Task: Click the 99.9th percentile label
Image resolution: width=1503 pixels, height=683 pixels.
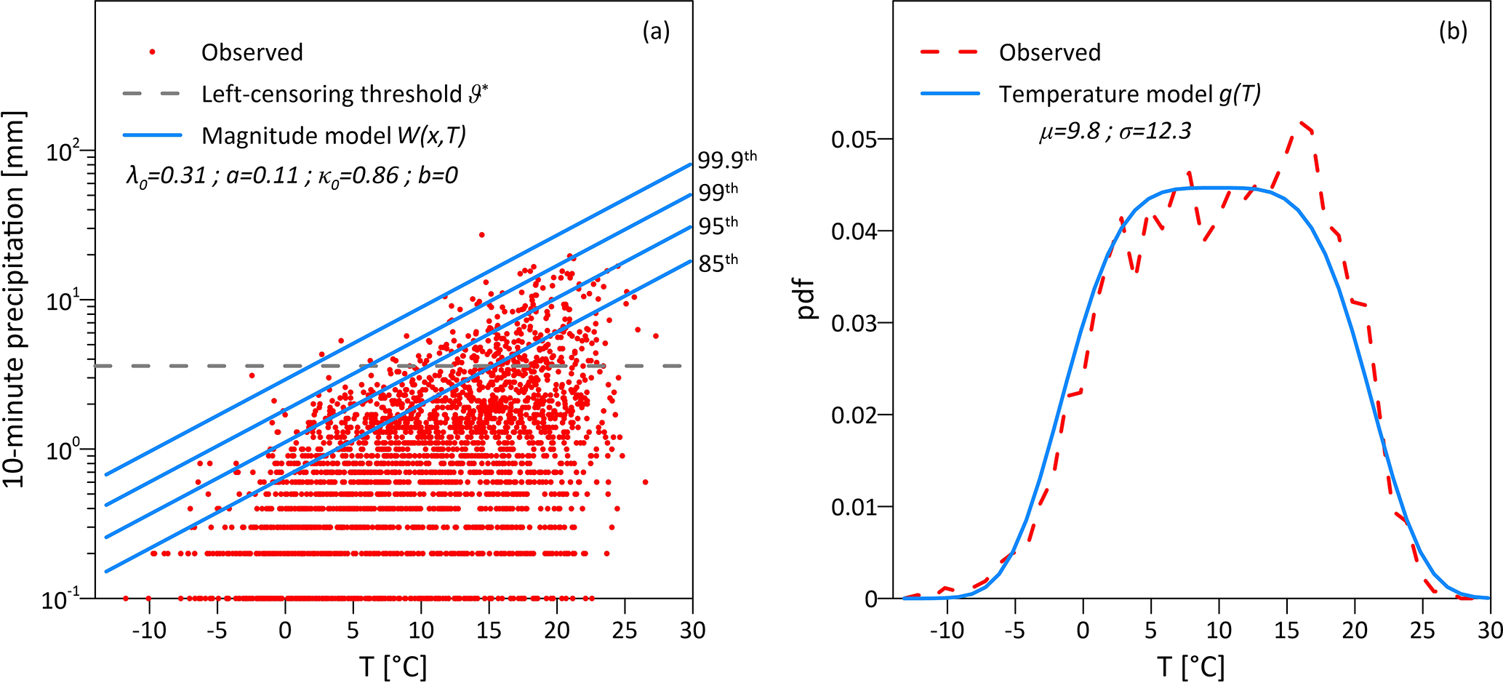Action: coord(726,159)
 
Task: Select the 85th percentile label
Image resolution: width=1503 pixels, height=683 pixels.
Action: coord(718,263)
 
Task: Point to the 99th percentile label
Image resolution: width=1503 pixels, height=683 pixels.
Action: coord(718,191)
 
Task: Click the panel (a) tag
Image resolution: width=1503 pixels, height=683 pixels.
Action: coord(656,31)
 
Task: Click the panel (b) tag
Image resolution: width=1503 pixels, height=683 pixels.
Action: coord(1453,31)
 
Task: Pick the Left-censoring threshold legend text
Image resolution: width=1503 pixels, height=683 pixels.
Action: coord(344,94)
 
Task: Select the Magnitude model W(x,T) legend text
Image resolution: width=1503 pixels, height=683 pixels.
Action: coord(333,135)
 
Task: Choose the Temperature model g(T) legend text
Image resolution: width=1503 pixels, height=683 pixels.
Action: coord(1129,94)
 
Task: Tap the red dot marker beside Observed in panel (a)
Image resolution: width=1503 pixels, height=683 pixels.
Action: coord(152,52)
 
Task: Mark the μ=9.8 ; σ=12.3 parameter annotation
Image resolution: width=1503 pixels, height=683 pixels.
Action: coord(1115,132)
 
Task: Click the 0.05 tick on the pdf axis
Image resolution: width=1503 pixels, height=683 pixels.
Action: coord(854,140)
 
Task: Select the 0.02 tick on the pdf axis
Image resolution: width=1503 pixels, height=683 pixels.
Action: coord(854,415)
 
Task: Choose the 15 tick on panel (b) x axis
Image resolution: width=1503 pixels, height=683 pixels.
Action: coord(1286,630)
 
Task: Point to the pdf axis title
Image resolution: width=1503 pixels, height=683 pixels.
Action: coord(806,299)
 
